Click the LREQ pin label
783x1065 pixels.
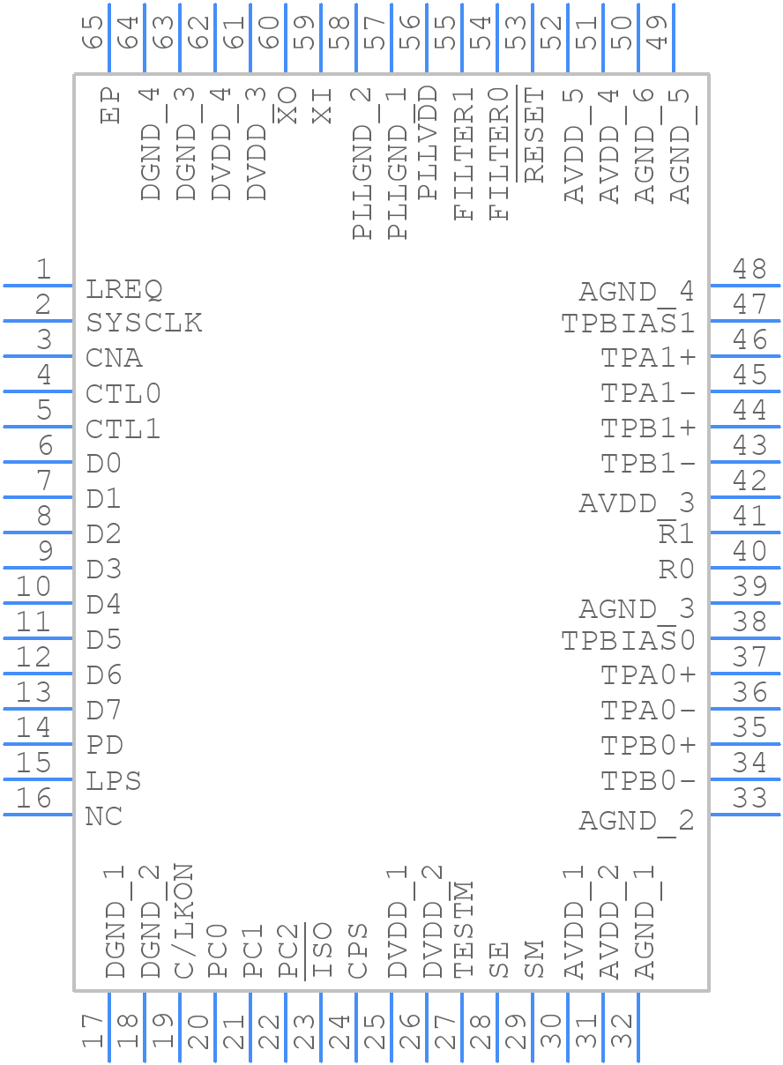pos(124,289)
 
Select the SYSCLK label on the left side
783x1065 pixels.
pos(144,324)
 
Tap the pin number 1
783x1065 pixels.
pos(42,270)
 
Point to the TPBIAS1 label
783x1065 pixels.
pos(628,324)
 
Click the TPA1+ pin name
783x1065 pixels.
pos(648,359)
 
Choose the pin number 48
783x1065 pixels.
pos(749,268)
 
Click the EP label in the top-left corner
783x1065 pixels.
pos(110,104)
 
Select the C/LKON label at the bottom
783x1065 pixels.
pos(183,921)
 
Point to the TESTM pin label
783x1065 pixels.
pos(464,931)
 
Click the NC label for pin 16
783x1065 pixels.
pos(104,817)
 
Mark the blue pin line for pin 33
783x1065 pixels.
pos(745,814)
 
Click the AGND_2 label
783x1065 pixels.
pos(636,822)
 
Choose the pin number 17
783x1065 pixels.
pos(92,1031)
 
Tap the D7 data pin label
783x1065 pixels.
pos(104,711)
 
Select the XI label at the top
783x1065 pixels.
pos(323,105)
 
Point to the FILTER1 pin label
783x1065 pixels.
pos(464,153)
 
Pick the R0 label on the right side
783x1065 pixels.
pos(676,570)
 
